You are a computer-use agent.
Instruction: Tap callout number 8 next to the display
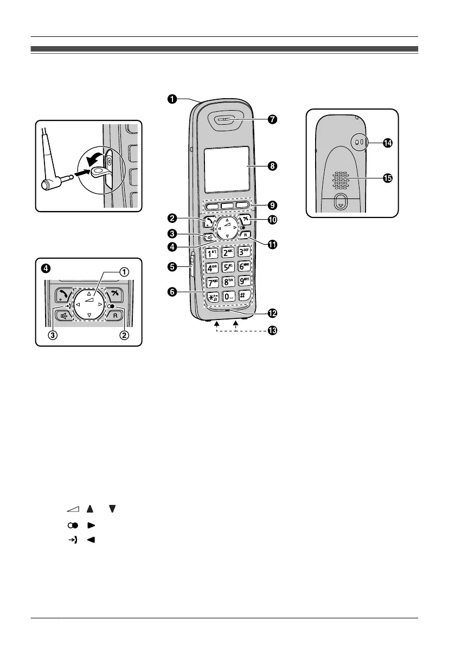(272, 167)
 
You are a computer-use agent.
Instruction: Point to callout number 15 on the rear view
(387, 178)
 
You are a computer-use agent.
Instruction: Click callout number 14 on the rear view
(387, 143)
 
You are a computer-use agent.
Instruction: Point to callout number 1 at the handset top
(171, 99)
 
